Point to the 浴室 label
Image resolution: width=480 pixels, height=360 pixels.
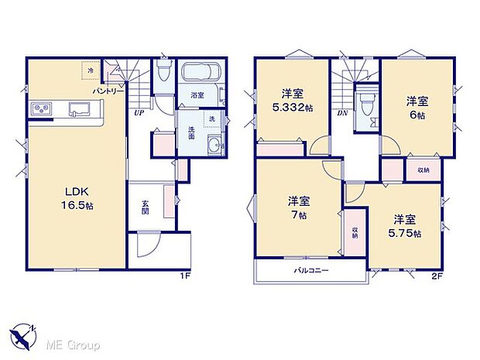pyautogui.click(x=197, y=95)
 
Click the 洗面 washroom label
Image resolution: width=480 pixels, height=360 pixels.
pyautogui.click(x=190, y=132)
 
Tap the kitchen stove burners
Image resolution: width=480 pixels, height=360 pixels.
pyautogui.click(x=41, y=108)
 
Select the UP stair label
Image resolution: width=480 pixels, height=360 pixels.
pyautogui.click(x=139, y=113)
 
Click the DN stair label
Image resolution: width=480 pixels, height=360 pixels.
pyautogui.click(x=343, y=112)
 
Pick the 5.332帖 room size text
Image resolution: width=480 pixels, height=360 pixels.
pyautogui.click(x=292, y=108)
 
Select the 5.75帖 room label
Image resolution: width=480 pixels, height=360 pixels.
pyautogui.click(x=406, y=227)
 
